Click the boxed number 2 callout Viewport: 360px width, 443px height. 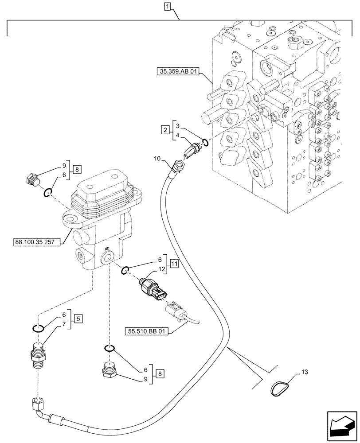coord(164,130)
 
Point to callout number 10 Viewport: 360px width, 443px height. coord(158,158)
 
